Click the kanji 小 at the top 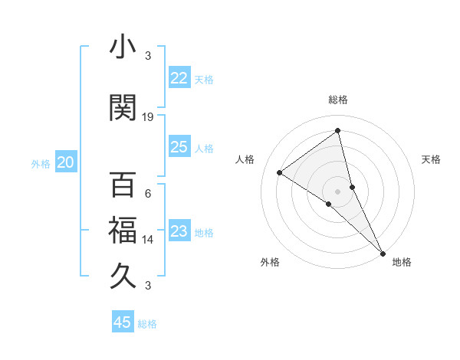pyautogui.click(x=123, y=47)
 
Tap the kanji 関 pyautogui.click(x=123, y=106)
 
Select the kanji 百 pyautogui.click(x=123, y=185)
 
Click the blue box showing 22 pyautogui.click(x=179, y=78)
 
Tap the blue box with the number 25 pyautogui.click(x=179, y=147)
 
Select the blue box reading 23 pyautogui.click(x=179, y=231)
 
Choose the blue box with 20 pyautogui.click(x=65, y=162)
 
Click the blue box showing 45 pyautogui.click(x=123, y=322)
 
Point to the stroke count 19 pyautogui.click(x=148, y=116)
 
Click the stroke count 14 pyautogui.click(x=148, y=240)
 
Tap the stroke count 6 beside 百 pyautogui.click(x=148, y=194)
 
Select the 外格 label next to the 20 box pyautogui.click(x=41, y=163)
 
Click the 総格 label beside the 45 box pyautogui.click(x=147, y=324)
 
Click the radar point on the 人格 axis pyautogui.click(x=280, y=172)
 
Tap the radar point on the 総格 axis pyautogui.click(x=337, y=131)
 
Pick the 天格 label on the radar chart pyautogui.click(x=431, y=159)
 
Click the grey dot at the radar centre pyautogui.click(x=337, y=191)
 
